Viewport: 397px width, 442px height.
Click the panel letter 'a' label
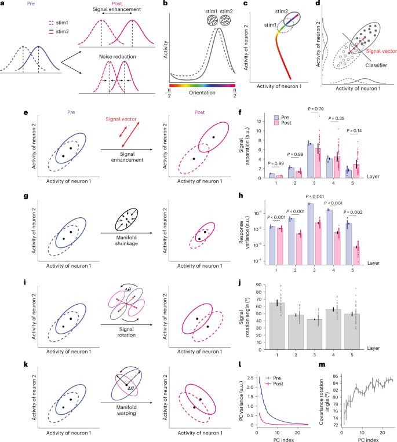click(4, 5)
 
